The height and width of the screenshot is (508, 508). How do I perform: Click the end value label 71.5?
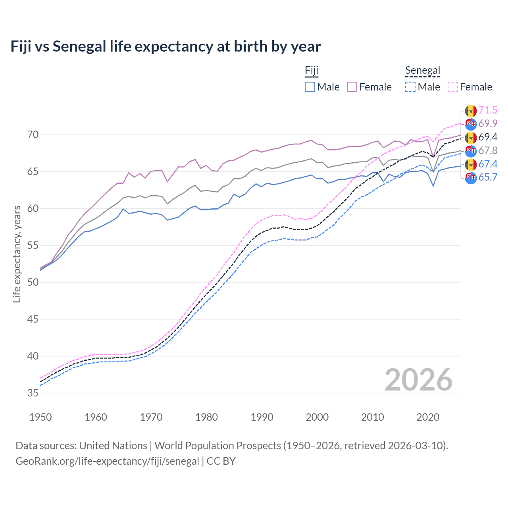[488, 110]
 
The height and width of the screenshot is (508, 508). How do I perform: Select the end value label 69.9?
[488, 123]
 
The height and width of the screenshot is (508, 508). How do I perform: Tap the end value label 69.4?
[488, 137]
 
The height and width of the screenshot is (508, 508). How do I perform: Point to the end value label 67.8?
[488, 150]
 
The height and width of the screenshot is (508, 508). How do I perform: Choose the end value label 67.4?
[488, 164]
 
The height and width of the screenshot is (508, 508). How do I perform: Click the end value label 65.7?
[488, 177]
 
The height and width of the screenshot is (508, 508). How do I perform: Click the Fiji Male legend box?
[310, 87]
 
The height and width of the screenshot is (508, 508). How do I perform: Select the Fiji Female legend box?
[352, 87]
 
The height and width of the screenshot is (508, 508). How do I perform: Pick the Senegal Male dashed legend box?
[410, 87]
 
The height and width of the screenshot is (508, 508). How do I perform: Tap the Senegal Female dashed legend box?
[453, 87]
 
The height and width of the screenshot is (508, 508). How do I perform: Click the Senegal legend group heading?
[423, 71]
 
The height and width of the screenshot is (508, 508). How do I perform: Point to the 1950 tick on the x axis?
[40, 417]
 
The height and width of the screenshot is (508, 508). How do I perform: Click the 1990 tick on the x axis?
[262, 417]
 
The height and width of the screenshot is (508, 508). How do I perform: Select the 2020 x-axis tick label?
[428, 417]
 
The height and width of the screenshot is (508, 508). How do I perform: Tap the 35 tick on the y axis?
[33, 393]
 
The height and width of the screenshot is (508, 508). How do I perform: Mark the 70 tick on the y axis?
[33, 135]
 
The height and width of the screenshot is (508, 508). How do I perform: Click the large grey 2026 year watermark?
[419, 380]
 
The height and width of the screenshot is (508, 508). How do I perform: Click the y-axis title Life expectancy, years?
[17, 254]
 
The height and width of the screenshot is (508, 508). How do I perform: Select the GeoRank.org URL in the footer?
[107, 461]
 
